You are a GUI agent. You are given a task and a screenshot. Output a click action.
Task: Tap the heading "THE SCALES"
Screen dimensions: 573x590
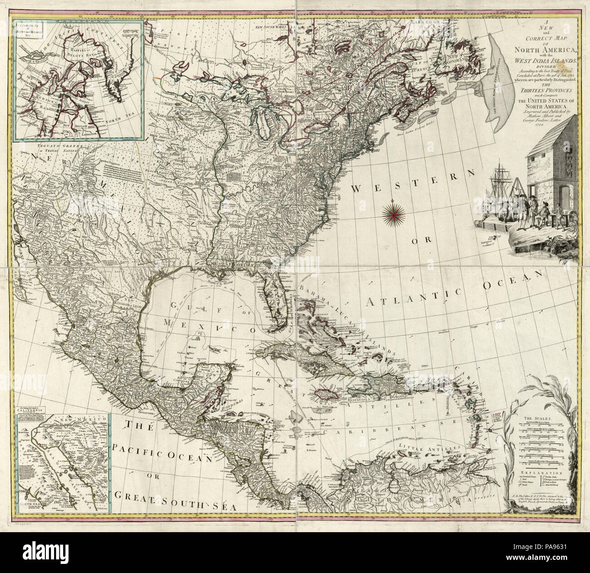tap(537, 418)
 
